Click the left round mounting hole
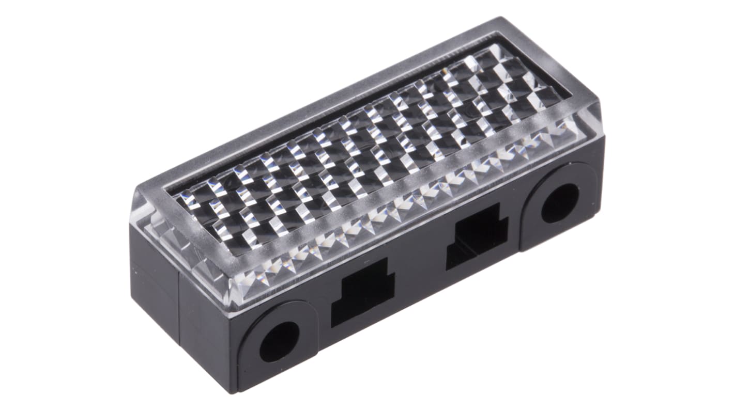[x=279, y=341]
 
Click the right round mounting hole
[x=560, y=203]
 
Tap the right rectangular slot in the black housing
[x=477, y=235]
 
